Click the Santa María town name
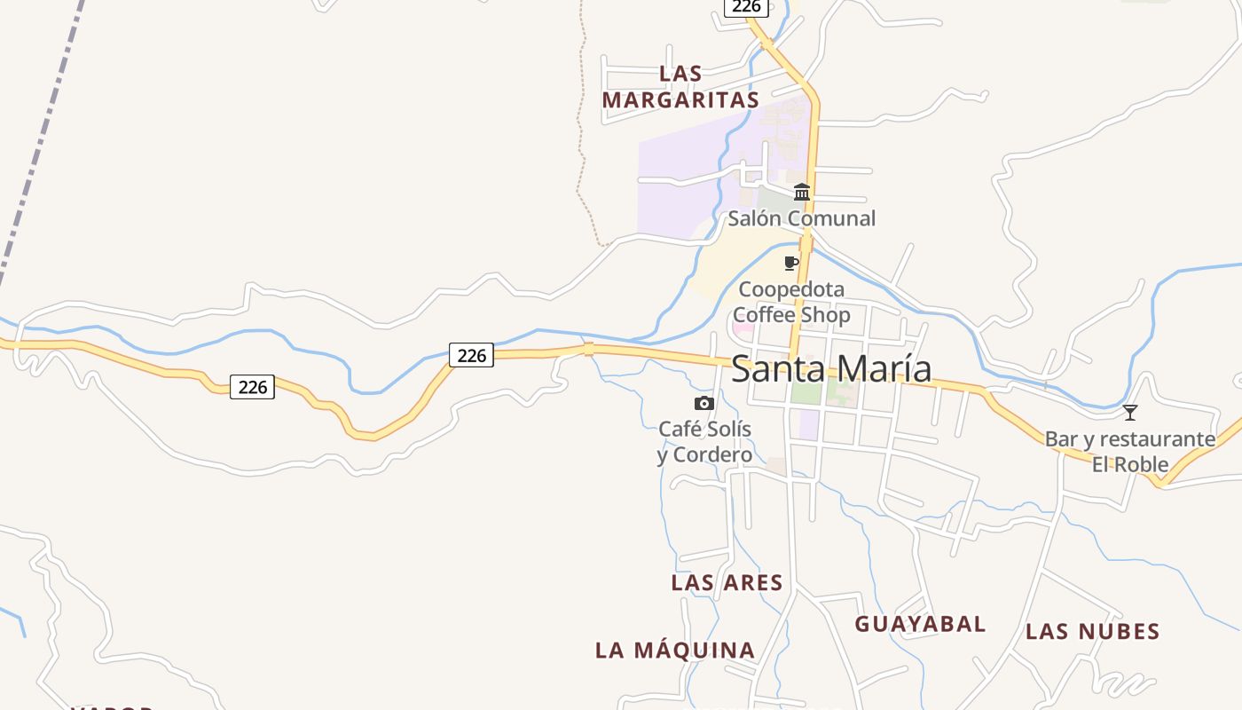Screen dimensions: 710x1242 click(831, 368)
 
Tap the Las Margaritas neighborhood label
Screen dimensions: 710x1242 click(680, 87)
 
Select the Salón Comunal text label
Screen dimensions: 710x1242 click(801, 218)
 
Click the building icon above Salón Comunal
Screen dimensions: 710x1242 click(802, 192)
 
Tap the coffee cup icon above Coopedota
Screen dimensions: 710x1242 click(791, 264)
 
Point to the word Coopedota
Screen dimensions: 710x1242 click(791, 289)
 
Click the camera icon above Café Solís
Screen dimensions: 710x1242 click(704, 404)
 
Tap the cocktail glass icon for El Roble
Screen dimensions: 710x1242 click(1129, 413)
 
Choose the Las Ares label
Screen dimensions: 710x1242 click(727, 583)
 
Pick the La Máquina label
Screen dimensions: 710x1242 click(675, 651)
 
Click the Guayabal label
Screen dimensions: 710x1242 click(920, 625)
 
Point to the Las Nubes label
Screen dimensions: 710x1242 click(1092, 632)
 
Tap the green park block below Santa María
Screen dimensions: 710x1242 click(806, 392)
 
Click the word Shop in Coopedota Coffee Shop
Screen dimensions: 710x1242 click(821, 315)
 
